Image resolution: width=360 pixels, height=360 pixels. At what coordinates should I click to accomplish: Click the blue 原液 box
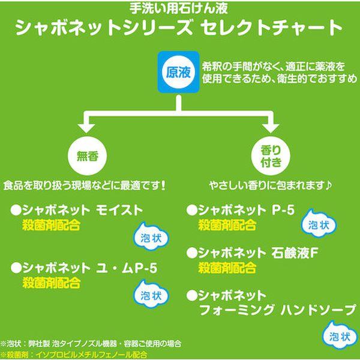[x=178, y=72]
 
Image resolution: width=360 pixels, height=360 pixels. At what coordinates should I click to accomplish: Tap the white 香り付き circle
[x=268, y=154]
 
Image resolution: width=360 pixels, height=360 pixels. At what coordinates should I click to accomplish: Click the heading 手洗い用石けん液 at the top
[x=179, y=9]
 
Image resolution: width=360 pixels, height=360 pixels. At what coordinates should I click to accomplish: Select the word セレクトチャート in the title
[x=278, y=28]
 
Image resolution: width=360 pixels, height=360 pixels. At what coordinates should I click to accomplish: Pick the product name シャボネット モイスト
[x=77, y=211]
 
